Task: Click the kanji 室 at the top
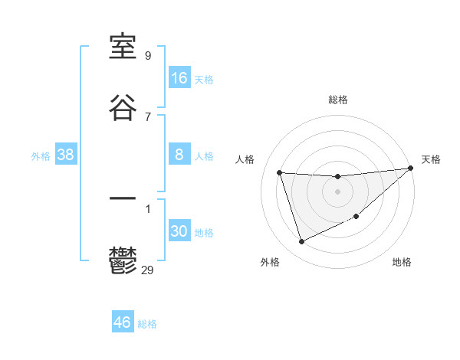point(123,47)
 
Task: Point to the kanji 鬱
point(123,261)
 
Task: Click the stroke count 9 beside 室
point(148,55)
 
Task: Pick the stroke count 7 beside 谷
point(148,116)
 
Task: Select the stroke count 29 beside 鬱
point(148,270)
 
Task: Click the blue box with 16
point(179,77)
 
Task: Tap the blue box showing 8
point(179,155)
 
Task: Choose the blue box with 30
point(179,231)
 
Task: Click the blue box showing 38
point(66,155)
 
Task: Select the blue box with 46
point(123,322)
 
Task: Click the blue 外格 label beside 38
point(41,156)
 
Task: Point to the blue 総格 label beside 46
point(147,324)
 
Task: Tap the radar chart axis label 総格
point(338,100)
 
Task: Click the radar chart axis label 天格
point(431,159)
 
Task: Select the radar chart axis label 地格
point(402,262)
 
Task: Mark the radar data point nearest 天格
point(410,169)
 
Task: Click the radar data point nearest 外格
point(301,242)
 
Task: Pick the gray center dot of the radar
point(338,191)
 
